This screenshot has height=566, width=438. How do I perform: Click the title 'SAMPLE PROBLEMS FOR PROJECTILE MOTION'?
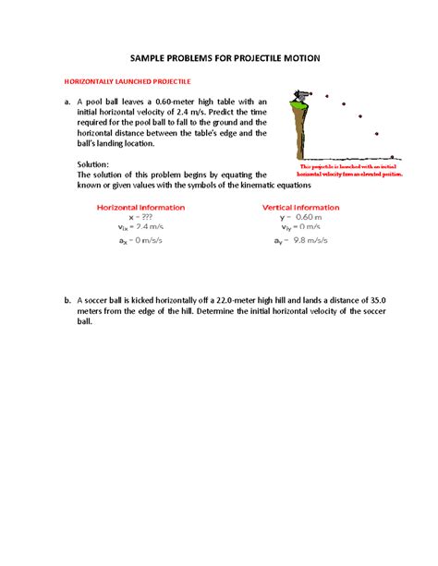coord(218,57)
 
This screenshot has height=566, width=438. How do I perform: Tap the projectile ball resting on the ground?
coord(393,157)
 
